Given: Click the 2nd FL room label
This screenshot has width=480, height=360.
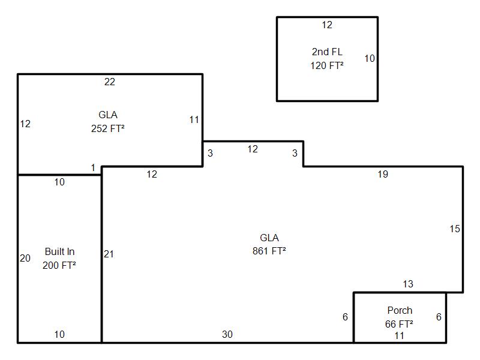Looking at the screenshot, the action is (x=327, y=52).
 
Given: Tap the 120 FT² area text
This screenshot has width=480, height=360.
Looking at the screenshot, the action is (x=327, y=65).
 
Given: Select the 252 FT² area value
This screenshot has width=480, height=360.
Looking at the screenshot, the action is (x=108, y=128).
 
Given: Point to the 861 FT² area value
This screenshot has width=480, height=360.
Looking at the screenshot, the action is (x=269, y=251).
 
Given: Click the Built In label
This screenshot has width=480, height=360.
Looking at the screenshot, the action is (x=59, y=251).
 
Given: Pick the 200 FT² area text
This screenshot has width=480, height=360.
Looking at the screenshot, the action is (x=59, y=265).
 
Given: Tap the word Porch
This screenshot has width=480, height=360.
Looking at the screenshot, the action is (x=400, y=310).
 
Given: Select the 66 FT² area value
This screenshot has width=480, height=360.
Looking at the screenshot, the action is (x=399, y=324).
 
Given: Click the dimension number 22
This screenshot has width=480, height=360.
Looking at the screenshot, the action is (x=110, y=82).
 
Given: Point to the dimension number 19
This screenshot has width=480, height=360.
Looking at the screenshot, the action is (x=383, y=174).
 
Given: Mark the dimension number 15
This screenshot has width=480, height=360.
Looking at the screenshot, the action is (x=455, y=229).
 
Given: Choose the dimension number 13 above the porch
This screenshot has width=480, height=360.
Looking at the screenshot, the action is (x=408, y=284).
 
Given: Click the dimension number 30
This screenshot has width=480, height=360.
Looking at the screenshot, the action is (x=227, y=334).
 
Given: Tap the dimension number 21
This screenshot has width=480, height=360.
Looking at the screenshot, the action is (x=109, y=254).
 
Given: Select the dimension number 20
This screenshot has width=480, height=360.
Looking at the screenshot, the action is (x=25, y=259).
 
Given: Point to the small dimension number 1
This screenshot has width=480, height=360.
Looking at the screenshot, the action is (x=93, y=168).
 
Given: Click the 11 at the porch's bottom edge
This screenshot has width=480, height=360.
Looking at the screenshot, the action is (x=399, y=336).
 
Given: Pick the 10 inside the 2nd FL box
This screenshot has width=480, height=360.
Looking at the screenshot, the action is (x=370, y=58).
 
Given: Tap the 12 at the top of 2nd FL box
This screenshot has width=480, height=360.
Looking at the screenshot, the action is (x=327, y=25).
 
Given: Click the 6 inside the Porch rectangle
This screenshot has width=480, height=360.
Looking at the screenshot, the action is (x=439, y=317).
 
